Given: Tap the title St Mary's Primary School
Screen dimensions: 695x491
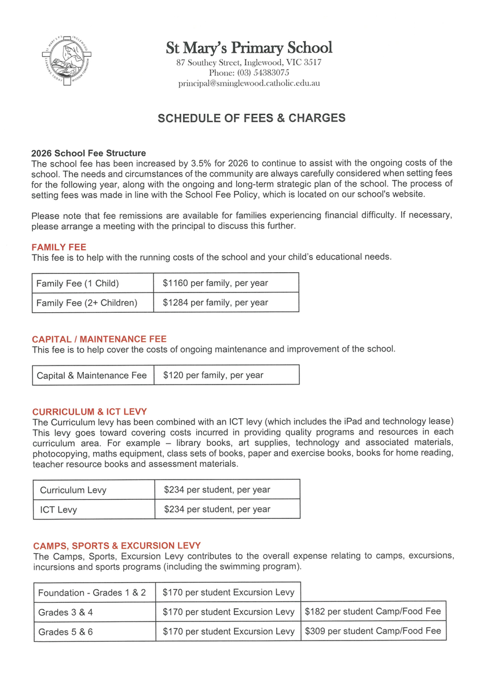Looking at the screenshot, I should tap(249, 47).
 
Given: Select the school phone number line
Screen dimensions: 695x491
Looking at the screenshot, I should tap(249, 73).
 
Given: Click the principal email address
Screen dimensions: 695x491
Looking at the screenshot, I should tap(249, 83).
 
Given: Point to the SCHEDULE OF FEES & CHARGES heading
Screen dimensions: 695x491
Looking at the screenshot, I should tap(251, 118).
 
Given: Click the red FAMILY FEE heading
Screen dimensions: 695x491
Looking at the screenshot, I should tap(59, 247).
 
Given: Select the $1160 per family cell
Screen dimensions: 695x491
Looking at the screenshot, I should tap(215, 283).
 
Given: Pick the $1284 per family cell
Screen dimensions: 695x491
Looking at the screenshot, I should tap(215, 302).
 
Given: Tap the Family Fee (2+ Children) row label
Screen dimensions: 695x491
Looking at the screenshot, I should tap(87, 302).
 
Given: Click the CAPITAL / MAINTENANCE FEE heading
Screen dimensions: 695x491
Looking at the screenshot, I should tap(99, 339).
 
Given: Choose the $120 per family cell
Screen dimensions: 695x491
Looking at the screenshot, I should tap(213, 375).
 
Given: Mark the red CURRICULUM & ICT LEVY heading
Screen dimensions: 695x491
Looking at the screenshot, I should tap(90, 411).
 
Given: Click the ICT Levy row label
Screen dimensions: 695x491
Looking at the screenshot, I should tap(58, 510).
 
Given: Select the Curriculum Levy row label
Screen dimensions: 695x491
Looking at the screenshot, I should tap(73, 490).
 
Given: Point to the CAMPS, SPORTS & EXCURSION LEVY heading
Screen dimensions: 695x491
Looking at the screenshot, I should tap(117, 546).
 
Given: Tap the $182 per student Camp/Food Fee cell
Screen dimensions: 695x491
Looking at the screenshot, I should tap(373, 612).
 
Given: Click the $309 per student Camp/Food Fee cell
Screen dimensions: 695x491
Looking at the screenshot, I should tap(373, 631).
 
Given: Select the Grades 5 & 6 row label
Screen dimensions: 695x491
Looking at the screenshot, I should tap(65, 632).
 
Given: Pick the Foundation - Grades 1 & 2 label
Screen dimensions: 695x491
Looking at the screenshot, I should tap(92, 592).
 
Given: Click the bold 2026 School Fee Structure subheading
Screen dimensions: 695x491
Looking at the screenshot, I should tap(89, 153).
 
